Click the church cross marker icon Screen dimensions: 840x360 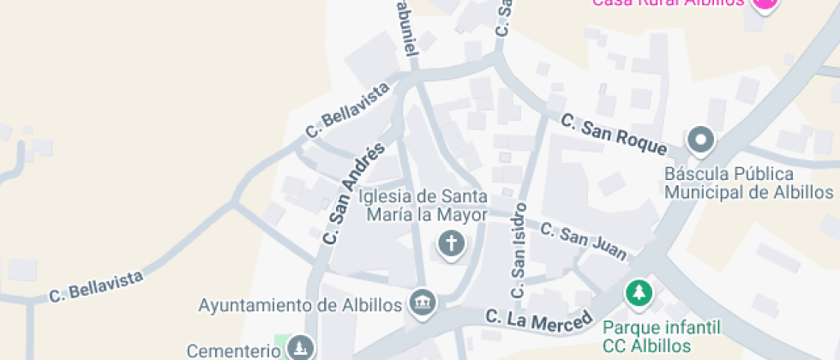point(451,244)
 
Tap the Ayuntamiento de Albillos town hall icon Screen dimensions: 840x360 point(423,302)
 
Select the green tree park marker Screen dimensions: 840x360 point(639,294)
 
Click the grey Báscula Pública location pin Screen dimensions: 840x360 point(702,138)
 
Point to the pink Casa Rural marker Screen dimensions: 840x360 point(765,3)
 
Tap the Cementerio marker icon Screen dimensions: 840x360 point(300,348)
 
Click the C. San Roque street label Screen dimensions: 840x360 point(614,135)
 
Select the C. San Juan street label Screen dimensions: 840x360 point(584,241)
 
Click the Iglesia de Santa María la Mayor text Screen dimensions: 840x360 point(424,206)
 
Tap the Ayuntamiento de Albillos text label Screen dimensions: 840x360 point(300,304)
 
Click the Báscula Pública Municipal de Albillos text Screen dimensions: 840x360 point(748,182)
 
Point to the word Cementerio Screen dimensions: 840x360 point(234,351)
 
